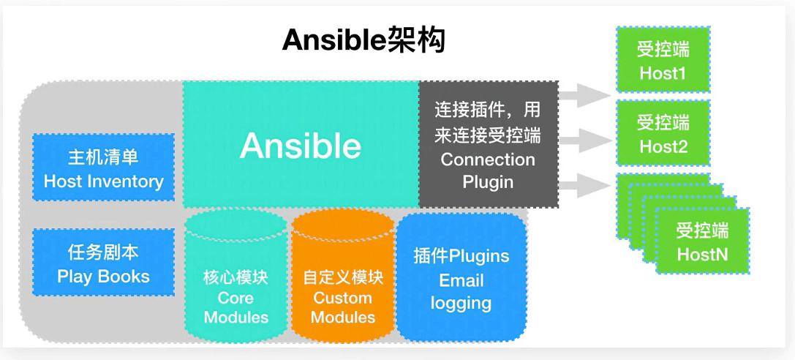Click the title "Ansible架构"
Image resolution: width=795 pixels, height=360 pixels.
pyautogui.click(x=363, y=42)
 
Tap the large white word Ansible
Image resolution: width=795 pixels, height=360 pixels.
pyautogui.click(x=300, y=146)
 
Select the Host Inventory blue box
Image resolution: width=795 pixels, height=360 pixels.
pyautogui.click(x=103, y=168)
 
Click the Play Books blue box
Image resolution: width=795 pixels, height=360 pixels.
pyautogui.click(x=103, y=263)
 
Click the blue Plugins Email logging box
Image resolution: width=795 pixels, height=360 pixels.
pyautogui.click(x=461, y=278)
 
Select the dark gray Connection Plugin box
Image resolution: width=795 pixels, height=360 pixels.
pyautogui.click(x=488, y=145)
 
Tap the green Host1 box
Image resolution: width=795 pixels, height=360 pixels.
pyautogui.click(x=663, y=60)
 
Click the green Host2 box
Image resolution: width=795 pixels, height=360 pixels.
pyautogui.click(x=663, y=133)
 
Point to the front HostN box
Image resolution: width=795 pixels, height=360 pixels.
pyautogui.click(x=701, y=242)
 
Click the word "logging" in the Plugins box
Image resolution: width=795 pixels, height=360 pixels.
pyautogui.click(x=461, y=303)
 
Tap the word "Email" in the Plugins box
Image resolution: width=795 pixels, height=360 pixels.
pyautogui.click(x=461, y=280)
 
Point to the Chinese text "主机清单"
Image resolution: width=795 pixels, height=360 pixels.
pyautogui.click(x=103, y=157)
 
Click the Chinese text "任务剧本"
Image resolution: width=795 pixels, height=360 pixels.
pyautogui.click(x=103, y=252)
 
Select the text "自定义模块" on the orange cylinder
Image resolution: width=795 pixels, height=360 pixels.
pyautogui.click(x=342, y=278)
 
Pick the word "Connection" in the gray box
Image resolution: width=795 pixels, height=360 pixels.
pyautogui.click(x=488, y=160)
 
